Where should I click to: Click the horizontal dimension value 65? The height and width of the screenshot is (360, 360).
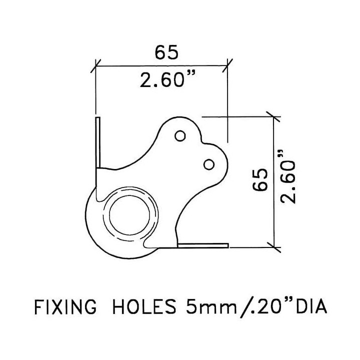pyautogui.click(x=166, y=52)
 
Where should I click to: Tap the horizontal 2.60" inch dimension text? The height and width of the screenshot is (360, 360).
pyautogui.click(x=168, y=79)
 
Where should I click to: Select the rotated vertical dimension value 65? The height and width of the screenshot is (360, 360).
pyautogui.click(x=260, y=180)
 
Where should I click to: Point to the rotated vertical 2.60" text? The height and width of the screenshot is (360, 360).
pyautogui.click(x=287, y=177)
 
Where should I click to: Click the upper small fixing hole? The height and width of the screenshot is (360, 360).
pyautogui.click(x=180, y=136)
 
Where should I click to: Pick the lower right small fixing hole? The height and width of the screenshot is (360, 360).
pyautogui.click(x=209, y=164)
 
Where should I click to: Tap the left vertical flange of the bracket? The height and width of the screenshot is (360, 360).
pyautogui.click(x=98, y=142)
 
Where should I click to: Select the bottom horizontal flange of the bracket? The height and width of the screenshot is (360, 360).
pyautogui.click(x=203, y=245)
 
